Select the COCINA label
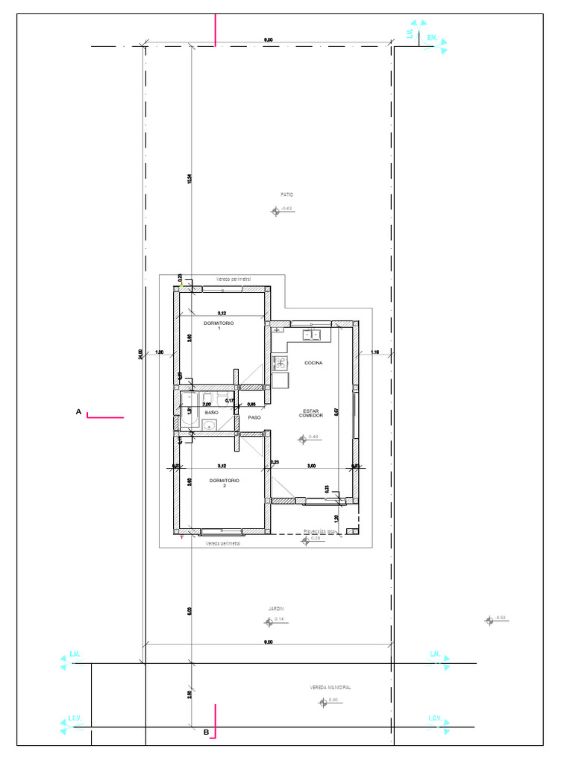tap(313, 363)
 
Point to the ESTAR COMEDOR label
tap(311, 413)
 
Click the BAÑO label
tap(211, 411)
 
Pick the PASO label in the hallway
tap(254, 418)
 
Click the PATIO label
tap(286, 194)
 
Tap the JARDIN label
tap(276, 609)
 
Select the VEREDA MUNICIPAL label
tap(330, 688)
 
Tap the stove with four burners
tap(281, 363)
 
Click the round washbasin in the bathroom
tap(210, 425)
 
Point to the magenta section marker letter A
tap(78, 411)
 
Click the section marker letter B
tap(206, 732)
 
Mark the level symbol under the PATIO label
tap(275, 211)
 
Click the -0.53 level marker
tap(489, 619)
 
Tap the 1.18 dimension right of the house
tap(375, 352)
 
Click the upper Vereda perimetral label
tap(234, 279)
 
